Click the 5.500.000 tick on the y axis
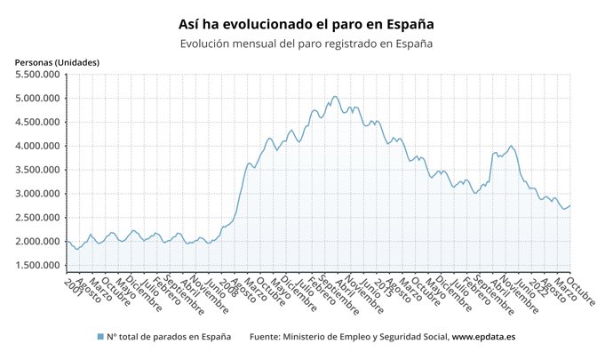click(37, 74)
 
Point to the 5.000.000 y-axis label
click(37, 98)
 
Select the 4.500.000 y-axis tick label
click(37, 122)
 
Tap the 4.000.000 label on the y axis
click(37, 146)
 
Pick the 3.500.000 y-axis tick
click(37, 170)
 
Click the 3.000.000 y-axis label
click(37, 194)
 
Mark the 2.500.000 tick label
click(37, 218)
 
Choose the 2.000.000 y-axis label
click(37, 242)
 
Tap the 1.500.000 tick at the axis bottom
click(37, 266)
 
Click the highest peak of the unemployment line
click(335, 96)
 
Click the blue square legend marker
click(100, 337)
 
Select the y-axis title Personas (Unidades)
click(57, 62)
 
